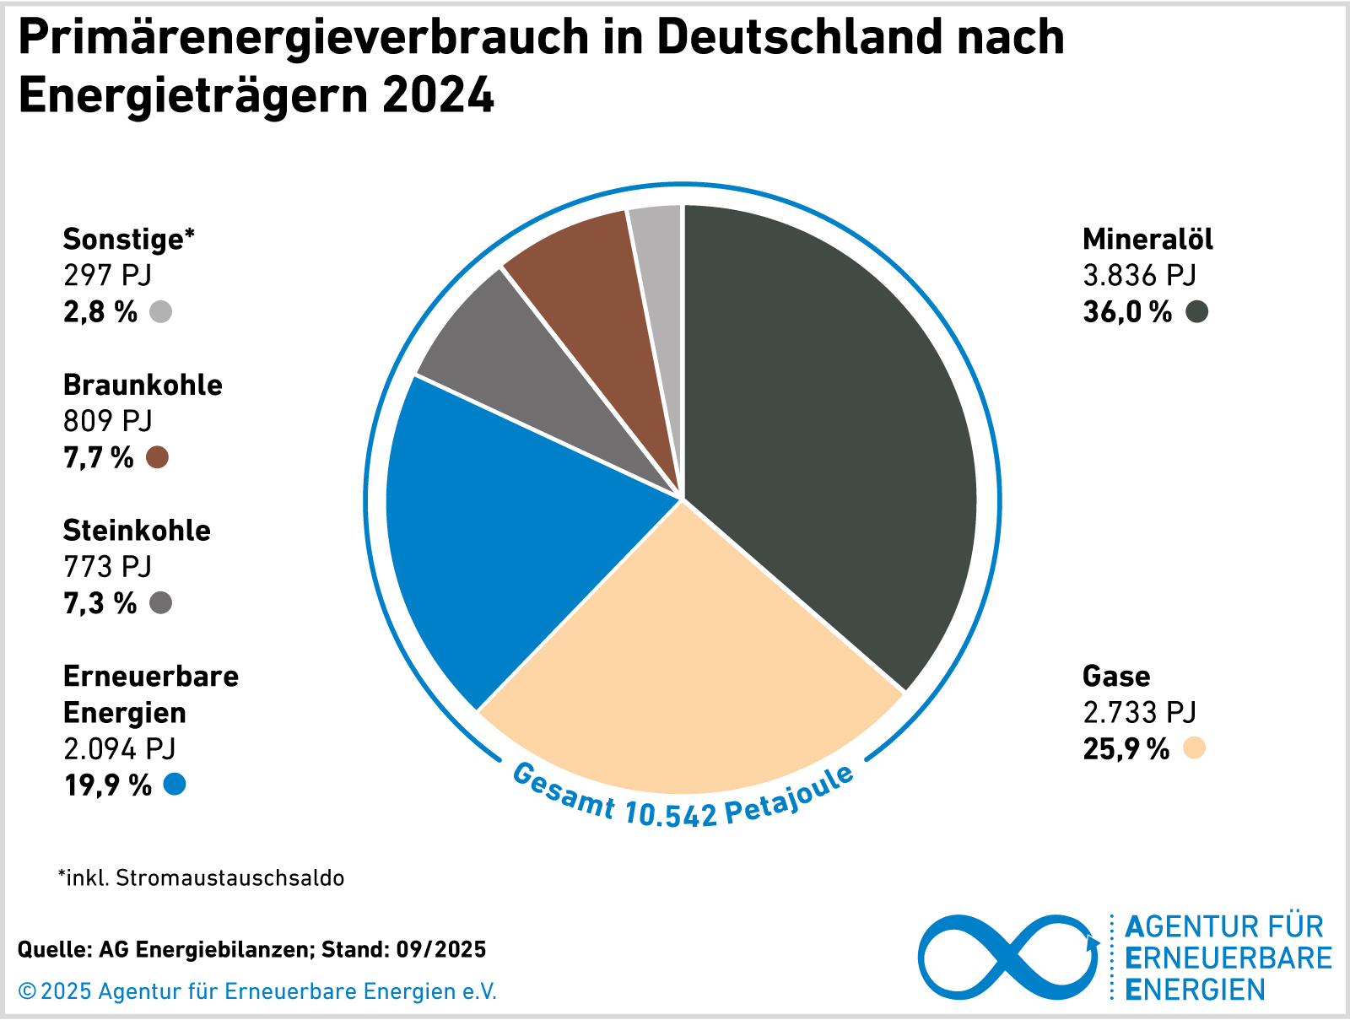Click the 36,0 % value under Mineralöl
pyautogui.click(x=1127, y=312)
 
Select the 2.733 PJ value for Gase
pyautogui.click(x=1139, y=713)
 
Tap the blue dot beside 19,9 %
pyautogui.click(x=175, y=785)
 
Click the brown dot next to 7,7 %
pyautogui.click(x=157, y=457)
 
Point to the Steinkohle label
pyautogui.click(x=137, y=531)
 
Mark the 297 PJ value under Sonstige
pyautogui.click(x=107, y=276)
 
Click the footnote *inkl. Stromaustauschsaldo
pyautogui.click(x=201, y=878)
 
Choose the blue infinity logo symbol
pyautogui.click(x=1008, y=958)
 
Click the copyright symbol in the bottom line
pyautogui.click(x=27, y=992)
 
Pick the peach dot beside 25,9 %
pyautogui.click(x=1194, y=748)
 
